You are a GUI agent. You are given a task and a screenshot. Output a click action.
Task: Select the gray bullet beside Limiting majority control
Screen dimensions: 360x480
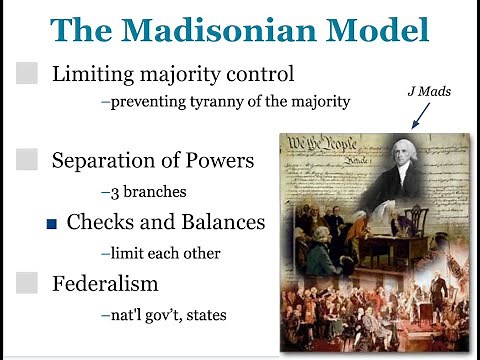28,74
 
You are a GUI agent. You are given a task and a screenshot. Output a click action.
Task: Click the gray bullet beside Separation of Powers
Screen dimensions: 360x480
28,159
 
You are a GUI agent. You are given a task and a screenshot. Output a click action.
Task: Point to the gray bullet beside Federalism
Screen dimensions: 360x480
28,283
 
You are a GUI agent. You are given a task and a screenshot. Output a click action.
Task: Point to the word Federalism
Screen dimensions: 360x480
105,283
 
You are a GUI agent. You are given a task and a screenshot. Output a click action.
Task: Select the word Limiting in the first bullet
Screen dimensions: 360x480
91,74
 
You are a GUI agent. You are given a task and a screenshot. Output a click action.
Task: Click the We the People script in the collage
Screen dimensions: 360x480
315,144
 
